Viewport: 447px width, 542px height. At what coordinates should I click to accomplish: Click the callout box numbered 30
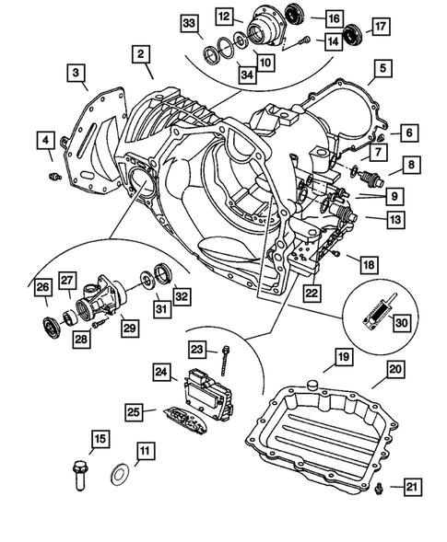pyautogui.click(x=399, y=323)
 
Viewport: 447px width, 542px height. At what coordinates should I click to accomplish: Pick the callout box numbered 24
pyautogui.click(x=163, y=373)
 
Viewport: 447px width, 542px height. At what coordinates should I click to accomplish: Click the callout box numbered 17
pyautogui.click(x=380, y=29)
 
